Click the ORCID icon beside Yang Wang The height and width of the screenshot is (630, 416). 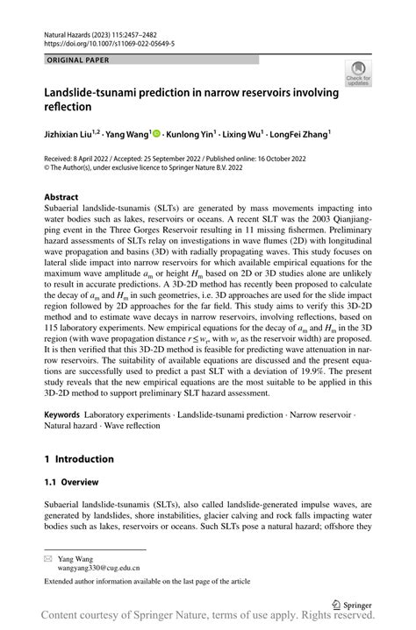coord(156,134)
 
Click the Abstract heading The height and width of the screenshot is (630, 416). coord(61,197)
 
